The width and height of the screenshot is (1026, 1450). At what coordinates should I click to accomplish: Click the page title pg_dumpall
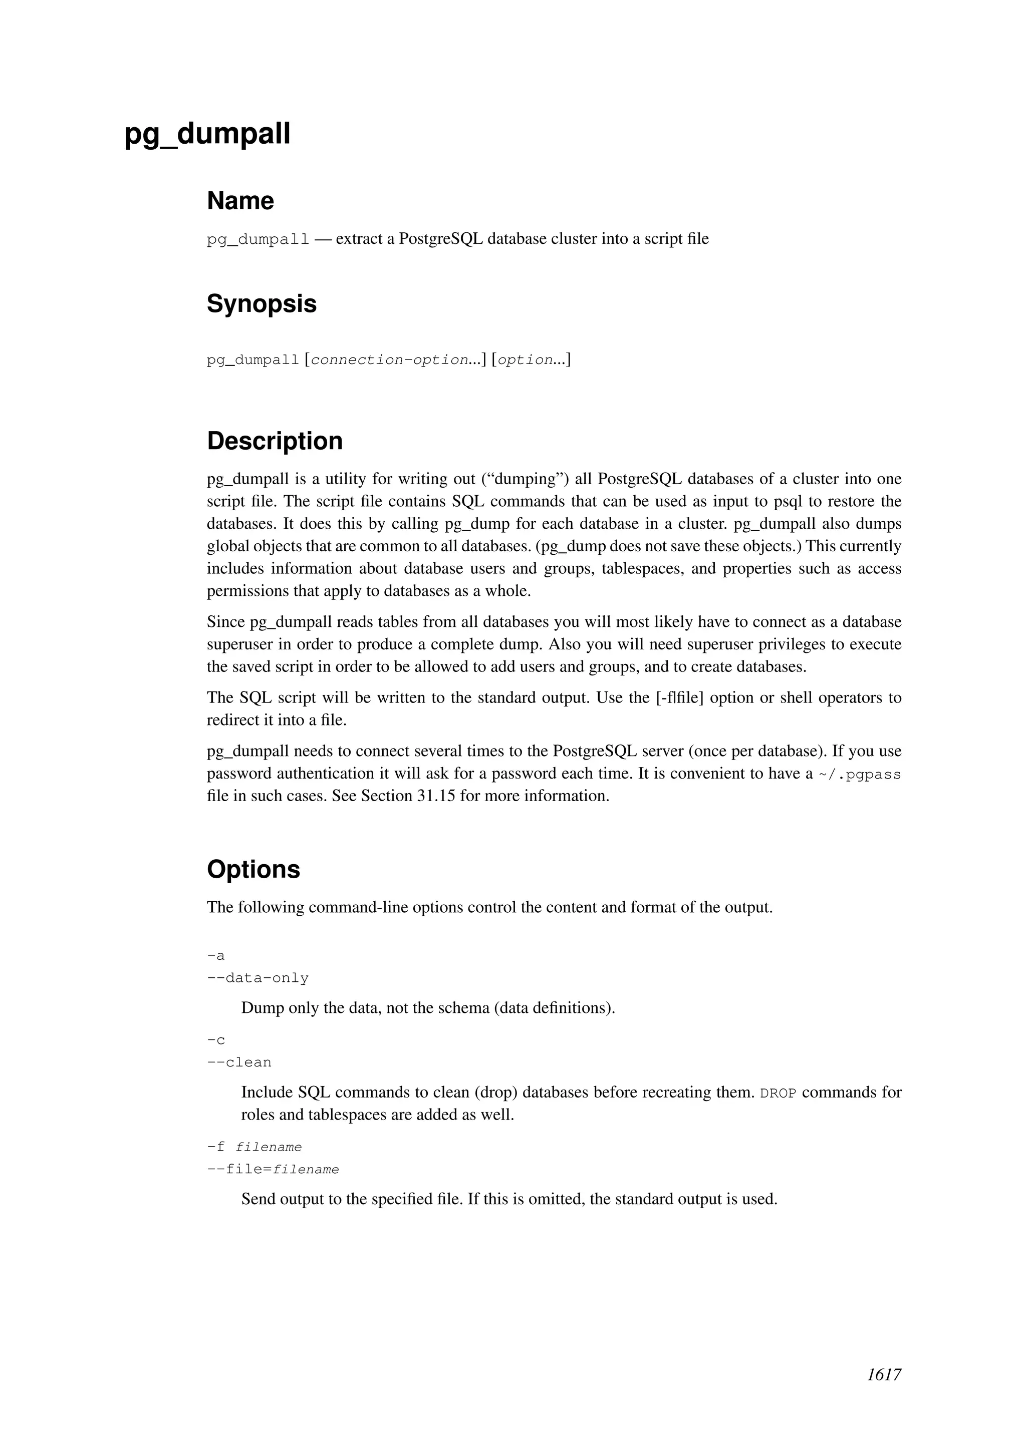click(x=207, y=134)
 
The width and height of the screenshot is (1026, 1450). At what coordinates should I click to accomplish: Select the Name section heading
click(x=240, y=201)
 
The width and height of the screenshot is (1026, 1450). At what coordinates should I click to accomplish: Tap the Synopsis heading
click(x=262, y=304)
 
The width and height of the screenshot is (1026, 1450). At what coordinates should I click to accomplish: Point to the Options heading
click(x=253, y=869)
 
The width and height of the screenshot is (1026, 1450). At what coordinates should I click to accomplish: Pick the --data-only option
click(x=258, y=978)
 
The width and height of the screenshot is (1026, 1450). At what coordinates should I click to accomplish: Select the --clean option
click(x=239, y=1062)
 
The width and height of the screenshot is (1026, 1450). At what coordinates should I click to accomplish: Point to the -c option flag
click(x=216, y=1040)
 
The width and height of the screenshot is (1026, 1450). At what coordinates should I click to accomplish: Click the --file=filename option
click(x=273, y=1170)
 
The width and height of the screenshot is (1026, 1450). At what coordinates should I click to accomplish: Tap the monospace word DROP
click(x=778, y=1093)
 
